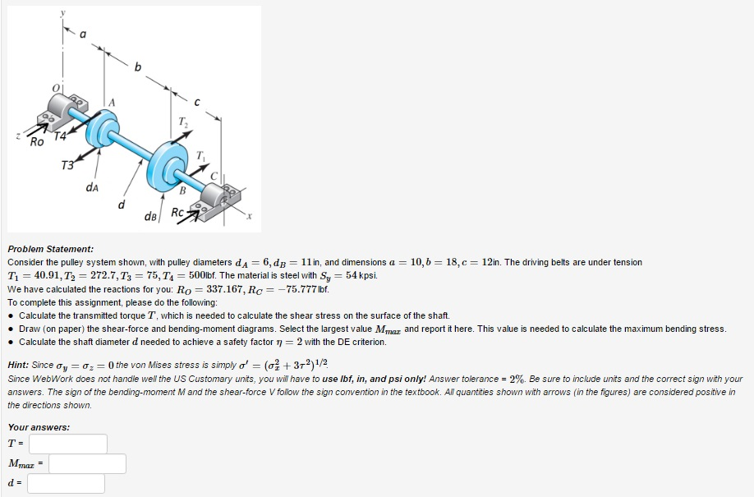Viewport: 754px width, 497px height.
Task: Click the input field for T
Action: (x=67, y=444)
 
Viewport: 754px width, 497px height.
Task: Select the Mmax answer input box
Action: (x=87, y=464)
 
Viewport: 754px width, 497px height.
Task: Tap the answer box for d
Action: (x=66, y=484)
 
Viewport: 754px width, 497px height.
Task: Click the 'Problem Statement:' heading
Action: (x=50, y=248)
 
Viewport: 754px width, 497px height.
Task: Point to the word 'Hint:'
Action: (x=20, y=365)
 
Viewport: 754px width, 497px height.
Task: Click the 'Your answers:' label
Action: (x=39, y=427)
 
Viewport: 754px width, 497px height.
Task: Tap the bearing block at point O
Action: (x=67, y=110)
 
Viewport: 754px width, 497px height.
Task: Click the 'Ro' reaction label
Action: (x=37, y=141)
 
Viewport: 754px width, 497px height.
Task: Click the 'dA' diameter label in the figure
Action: (x=92, y=187)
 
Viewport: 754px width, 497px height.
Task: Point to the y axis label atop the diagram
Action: (x=61, y=13)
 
